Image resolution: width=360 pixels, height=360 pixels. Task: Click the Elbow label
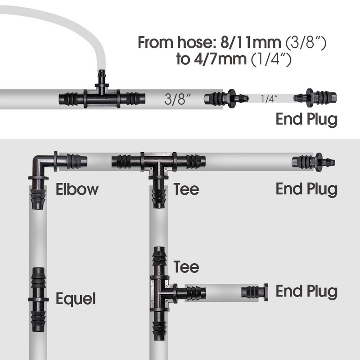point(77,189)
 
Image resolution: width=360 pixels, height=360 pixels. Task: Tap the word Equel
point(76,299)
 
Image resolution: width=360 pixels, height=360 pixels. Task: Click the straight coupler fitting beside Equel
point(38,299)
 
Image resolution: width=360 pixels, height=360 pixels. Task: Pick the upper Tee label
point(186,189)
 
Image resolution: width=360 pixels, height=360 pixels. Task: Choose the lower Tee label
point(186,267)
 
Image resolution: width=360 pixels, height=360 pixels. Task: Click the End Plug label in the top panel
point(306,119)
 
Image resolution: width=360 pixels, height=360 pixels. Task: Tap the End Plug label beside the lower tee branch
point(306,291)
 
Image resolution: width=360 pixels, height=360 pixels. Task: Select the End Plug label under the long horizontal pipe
point(306,189)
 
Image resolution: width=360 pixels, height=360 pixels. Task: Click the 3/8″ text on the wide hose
point(177,99)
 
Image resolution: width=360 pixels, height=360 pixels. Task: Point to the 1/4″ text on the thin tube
point(269,99)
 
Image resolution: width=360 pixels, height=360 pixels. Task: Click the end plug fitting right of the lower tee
point(255,292)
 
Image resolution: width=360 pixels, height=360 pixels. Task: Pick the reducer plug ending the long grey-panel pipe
point(313,162)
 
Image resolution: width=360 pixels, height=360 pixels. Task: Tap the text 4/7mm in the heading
point(220,59)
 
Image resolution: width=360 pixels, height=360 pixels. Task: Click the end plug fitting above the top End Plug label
point(315,98)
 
